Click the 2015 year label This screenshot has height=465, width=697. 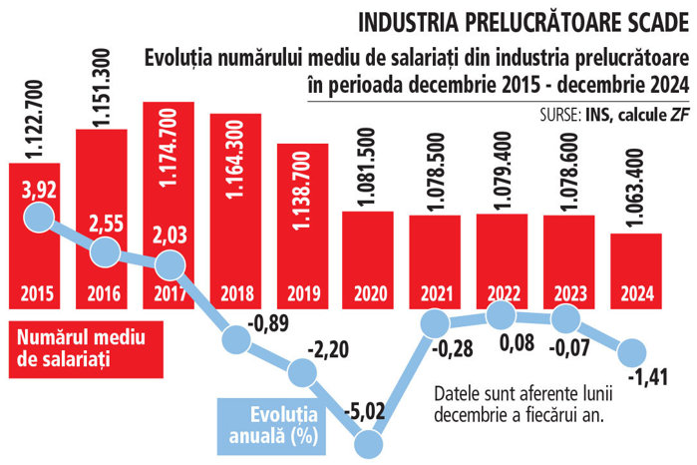pos(38,294)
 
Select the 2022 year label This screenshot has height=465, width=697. pos(505,294)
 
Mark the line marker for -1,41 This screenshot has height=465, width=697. pos(639,351)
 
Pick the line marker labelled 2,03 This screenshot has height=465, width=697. pos(172,264)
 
